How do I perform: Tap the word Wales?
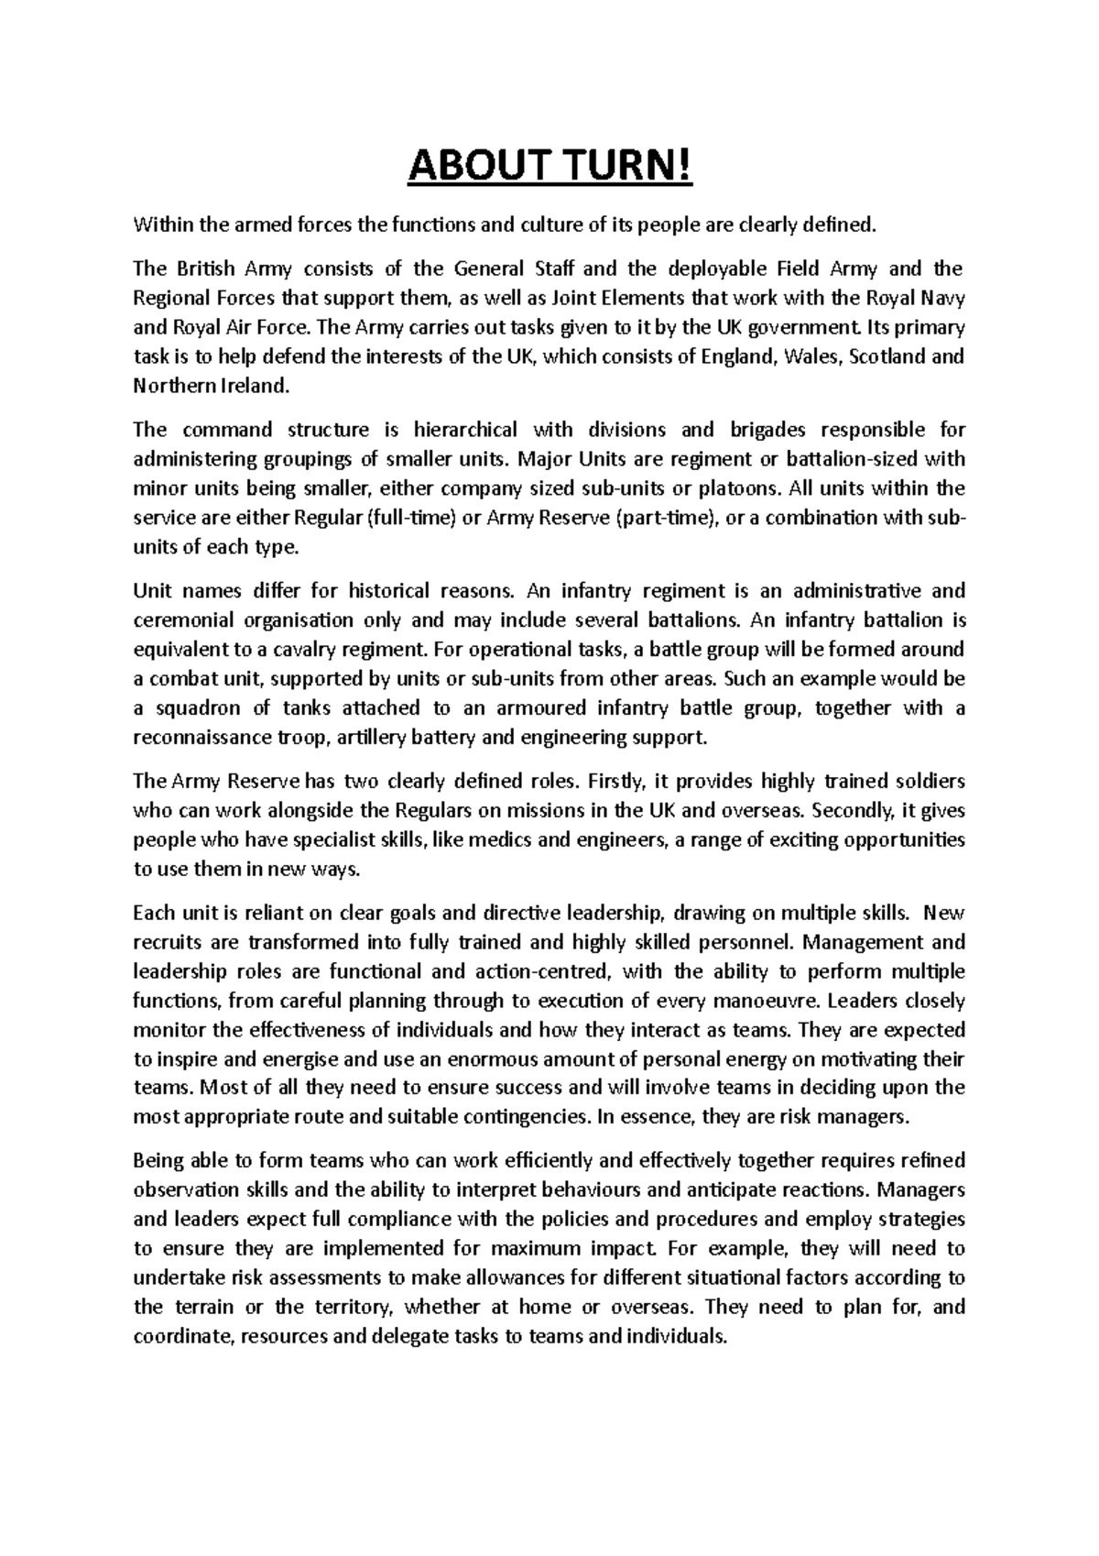(812, 356)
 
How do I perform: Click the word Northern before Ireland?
(171, 386)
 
